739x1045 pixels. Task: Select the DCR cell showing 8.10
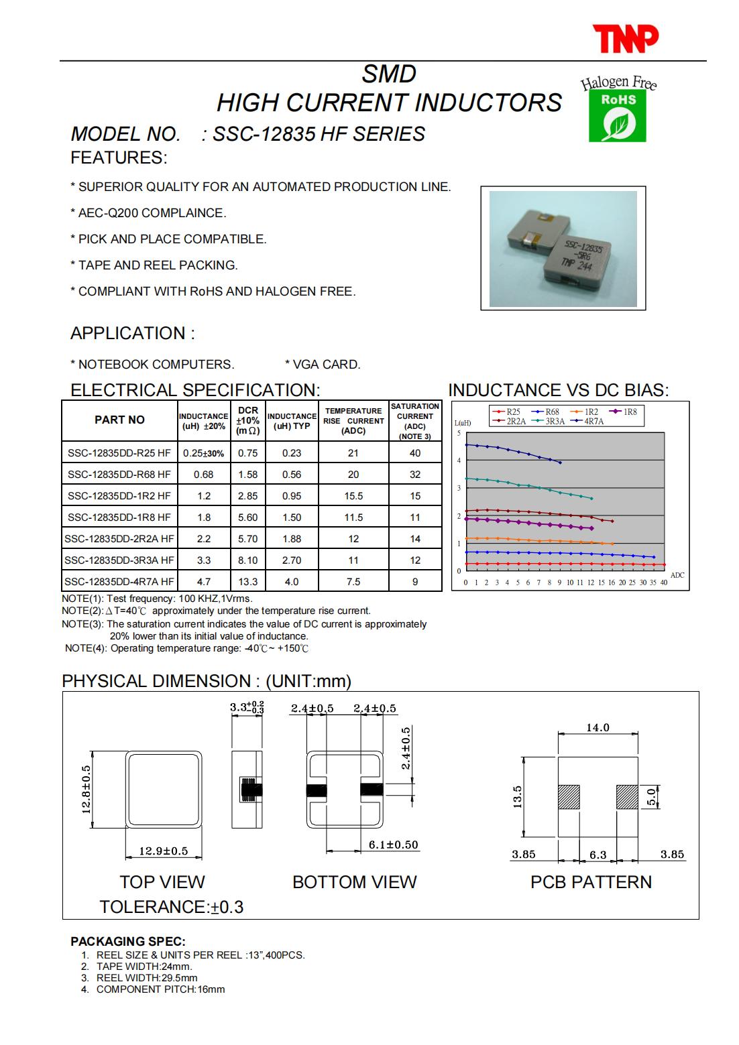247,560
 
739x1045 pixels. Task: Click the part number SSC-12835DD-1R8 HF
119,517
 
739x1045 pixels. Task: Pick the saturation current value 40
415,453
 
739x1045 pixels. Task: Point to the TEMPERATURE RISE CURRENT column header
353,420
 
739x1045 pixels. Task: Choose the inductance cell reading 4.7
204,582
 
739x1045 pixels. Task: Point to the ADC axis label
677,575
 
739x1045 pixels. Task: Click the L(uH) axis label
463,423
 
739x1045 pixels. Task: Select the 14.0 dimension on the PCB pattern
598,728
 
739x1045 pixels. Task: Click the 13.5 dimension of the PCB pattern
517,798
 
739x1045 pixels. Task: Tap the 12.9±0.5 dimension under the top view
163,851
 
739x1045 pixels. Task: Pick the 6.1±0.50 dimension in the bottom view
393,845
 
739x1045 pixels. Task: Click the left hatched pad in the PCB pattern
568,797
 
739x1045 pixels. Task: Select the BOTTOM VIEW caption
354,882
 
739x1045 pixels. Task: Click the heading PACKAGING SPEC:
128,942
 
